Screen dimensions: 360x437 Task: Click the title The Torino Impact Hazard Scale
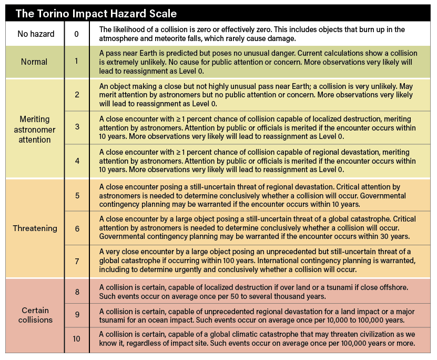(x=96, y=13)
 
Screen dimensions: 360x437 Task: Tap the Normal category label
(x=34, y=62)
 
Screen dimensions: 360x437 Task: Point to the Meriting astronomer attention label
(x=34, y=128)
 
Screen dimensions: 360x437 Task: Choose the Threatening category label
(x=34, y=229)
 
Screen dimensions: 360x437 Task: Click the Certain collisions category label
(x=34, y=315)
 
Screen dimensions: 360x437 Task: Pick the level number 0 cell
(x=77, y=34)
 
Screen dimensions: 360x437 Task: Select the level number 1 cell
(x=77, y=62)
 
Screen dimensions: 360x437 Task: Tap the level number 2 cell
(x=77, y=95)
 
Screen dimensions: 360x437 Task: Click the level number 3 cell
(x=77, y=127)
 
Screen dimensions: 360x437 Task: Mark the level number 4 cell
(x=77, y=161)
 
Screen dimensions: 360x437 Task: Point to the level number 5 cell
(x=77, y=195)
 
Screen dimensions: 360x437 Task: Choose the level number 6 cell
(x=77, y=229)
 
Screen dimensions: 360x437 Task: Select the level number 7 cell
(x=77, y=262)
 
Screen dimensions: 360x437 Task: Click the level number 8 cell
(x=77, y=291)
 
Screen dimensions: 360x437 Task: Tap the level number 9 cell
(x=77, y=315)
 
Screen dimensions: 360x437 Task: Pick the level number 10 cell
(x=77, y=338)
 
